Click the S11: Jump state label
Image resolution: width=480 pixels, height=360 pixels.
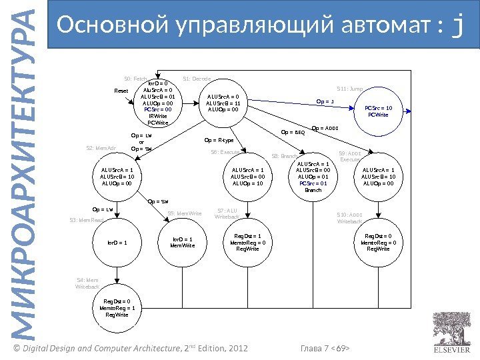click(x=349, y=87)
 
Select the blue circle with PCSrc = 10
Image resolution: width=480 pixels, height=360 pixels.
click(x=379, y=111)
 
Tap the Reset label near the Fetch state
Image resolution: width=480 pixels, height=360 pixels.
click(x=121, y=91)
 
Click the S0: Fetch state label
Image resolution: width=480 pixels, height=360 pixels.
click(x=136, y=79)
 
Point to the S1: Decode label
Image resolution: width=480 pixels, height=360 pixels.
click(x=197, y=79)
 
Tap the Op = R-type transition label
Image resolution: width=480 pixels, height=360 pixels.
click(x=219, y=140)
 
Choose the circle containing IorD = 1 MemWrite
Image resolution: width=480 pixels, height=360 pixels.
click(x=182, y=242)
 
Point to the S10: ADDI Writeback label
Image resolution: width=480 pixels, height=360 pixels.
click(x=349, y=218)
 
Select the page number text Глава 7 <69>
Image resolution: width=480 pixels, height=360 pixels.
click(x=326, y=349)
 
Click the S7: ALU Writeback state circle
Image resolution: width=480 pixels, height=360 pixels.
click(x=248, y=242)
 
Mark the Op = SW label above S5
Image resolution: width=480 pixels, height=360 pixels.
click(x=158, y=200)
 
